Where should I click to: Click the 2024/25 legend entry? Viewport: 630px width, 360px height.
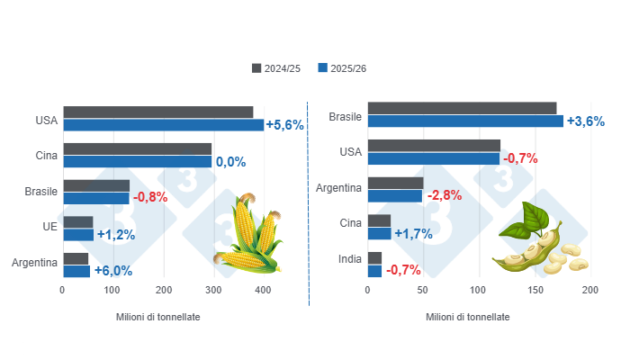(276, 68)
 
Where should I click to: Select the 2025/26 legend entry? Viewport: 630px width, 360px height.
(342, 68)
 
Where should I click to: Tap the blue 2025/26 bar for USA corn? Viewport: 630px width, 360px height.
(163, 125)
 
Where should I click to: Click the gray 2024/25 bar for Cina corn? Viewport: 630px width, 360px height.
(137, 149)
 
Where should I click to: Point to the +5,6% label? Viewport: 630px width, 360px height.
(285, 125)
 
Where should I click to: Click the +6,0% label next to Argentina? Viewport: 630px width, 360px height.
(112, 270)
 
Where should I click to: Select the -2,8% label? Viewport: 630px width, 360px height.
(445, 195)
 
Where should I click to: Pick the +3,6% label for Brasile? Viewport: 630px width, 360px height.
(585, 121)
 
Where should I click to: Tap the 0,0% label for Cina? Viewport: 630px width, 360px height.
(230, 162)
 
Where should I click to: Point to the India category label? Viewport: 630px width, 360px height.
(349, 258)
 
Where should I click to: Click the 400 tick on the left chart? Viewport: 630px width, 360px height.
(263, 291)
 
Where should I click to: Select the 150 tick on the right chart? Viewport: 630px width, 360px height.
(534, 291)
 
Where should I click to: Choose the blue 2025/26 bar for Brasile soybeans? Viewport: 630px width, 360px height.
(465, 121)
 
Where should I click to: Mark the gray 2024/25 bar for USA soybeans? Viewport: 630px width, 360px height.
(434, 145)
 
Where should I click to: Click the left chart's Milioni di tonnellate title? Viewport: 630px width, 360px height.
(158, 318)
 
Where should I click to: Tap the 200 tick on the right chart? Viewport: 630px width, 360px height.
(589, 291)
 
